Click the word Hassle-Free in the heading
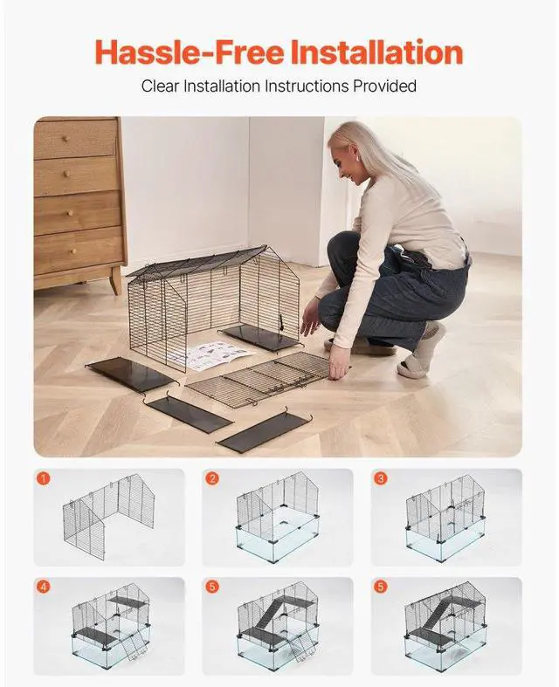[x=178, y=52]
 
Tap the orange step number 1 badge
[x=44, y=478]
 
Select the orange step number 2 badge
[x=212, y=478]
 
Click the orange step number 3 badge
[x=381, y=478]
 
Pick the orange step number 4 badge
[x=44, y=587]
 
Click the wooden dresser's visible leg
[x=115, y=279]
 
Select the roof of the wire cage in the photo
[x=197, y=261]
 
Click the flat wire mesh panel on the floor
[x=258, y=377]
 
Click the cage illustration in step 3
[x=445, y=519]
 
